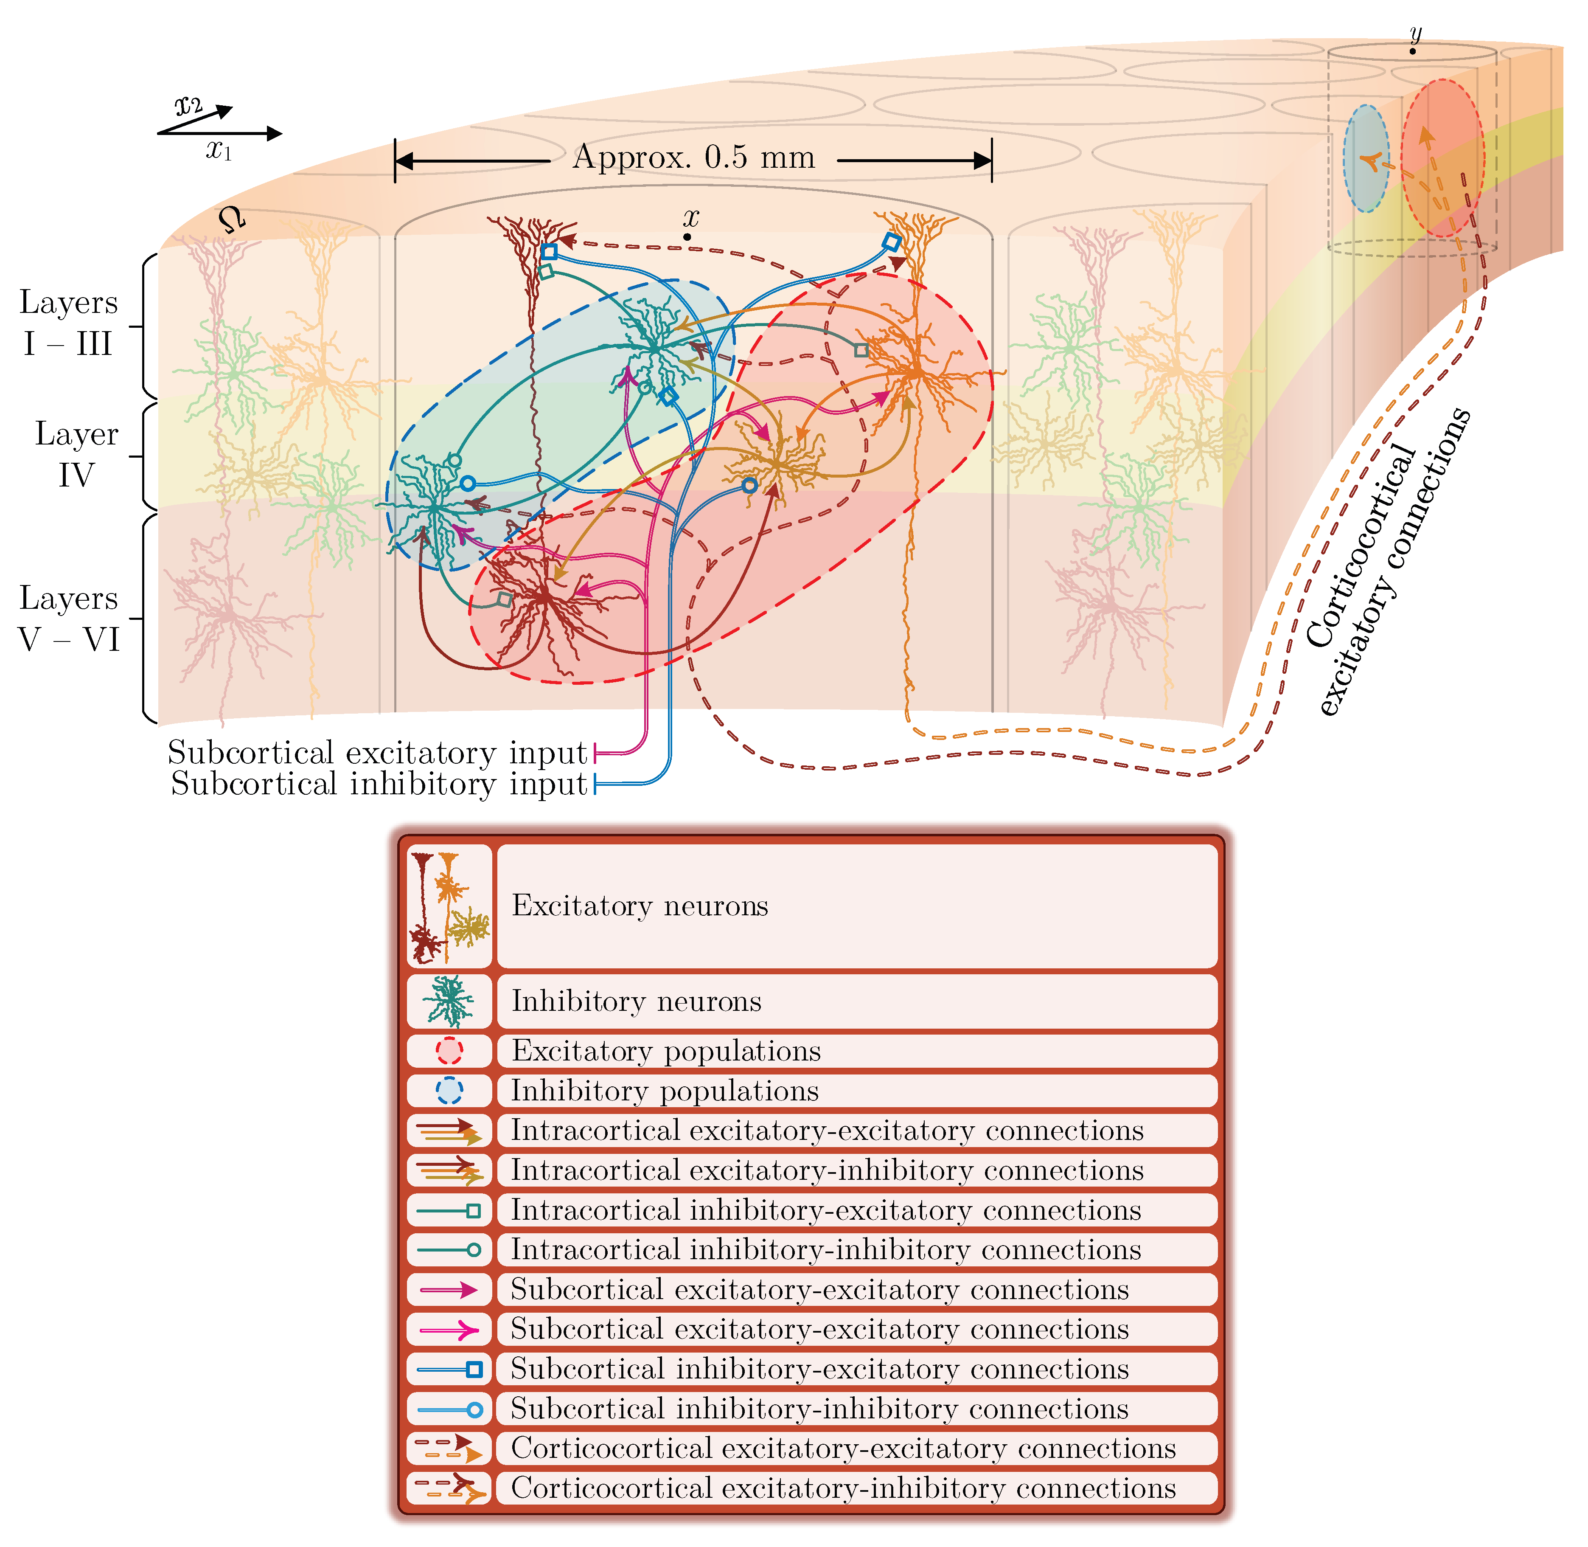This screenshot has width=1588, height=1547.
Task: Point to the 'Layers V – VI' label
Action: pos(69,618)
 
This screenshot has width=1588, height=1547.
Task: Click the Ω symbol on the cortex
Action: pos(232,219)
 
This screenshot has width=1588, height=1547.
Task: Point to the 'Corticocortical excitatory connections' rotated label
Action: pos(1389,561)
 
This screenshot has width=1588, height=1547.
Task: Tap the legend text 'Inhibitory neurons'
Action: pos(636,1001)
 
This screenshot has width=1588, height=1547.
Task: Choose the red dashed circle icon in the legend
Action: pos(449,1051)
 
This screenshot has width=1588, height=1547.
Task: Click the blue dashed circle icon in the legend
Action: pos(449,1090)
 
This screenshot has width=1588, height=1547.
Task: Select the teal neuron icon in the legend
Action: pos(449,1001)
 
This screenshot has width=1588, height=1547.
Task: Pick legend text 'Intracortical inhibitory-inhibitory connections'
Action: pos(825,1250)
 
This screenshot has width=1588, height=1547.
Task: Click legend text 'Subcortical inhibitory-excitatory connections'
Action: pos(819,1369)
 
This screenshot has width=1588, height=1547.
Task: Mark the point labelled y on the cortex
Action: pos(1413,51)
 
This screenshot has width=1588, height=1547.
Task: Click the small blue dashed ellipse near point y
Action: pos(1366,158)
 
